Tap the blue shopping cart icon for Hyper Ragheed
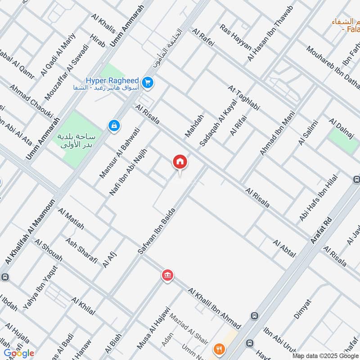click(147, 82)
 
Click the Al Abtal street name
click(284, 248)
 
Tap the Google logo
click(19, 353)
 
